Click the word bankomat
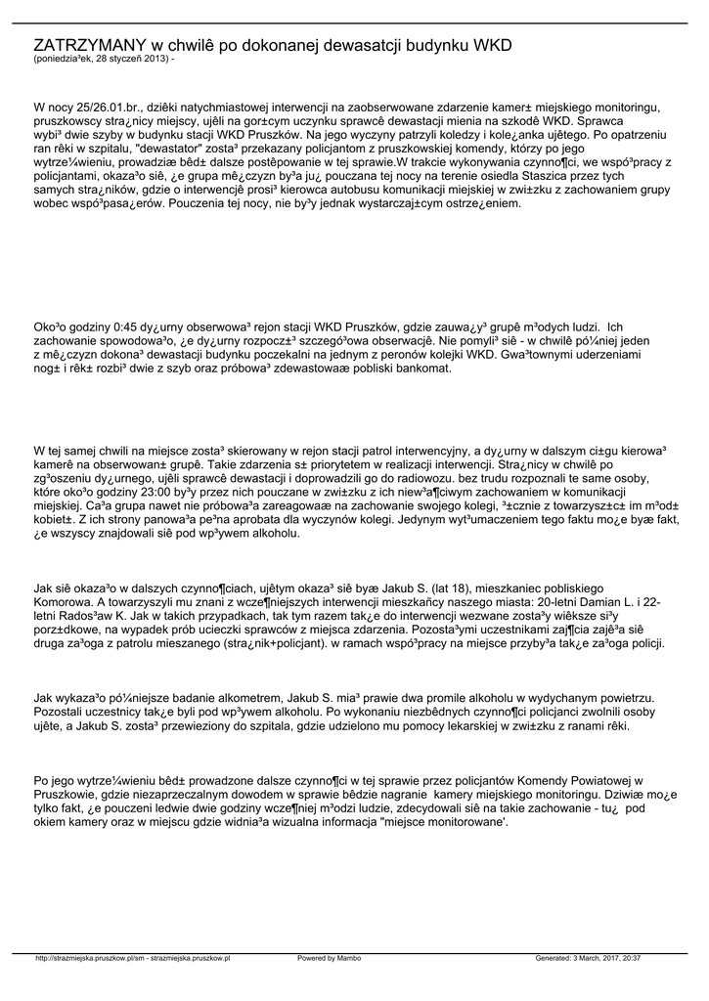[421, 369]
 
